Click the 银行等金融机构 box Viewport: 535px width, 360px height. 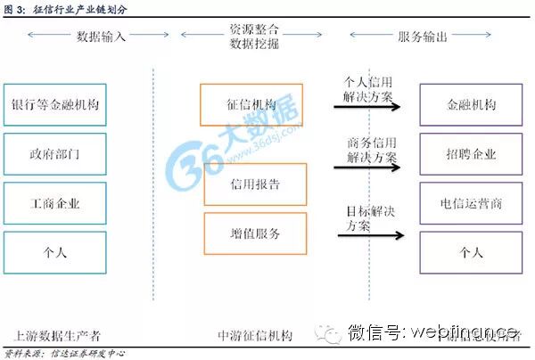point(55,104)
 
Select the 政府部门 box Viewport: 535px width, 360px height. point(55,154)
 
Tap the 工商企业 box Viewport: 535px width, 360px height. point(55,203)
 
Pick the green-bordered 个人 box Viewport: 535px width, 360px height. point(55,252)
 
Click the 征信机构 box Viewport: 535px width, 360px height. point(251,104)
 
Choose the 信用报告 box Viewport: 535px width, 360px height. point(255,184)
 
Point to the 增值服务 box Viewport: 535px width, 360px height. point(255,233)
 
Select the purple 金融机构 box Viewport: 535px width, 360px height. point(471,104)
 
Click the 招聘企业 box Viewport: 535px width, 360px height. point(471,154)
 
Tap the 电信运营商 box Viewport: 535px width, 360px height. point(471,203)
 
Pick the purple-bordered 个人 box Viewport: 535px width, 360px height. point(471,252)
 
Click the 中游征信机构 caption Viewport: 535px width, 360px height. point(255,336)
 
